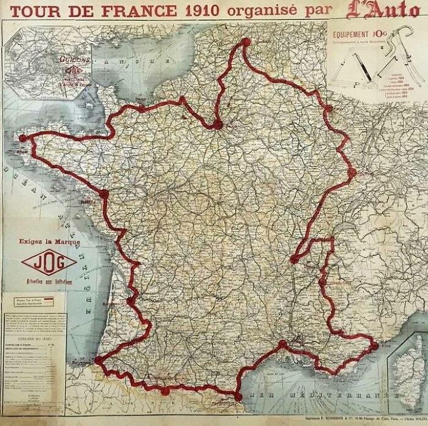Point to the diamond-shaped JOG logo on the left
tap(48, 263)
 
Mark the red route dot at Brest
tap(23, 139)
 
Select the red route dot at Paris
tap(217, 126)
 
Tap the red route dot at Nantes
tap(103, 194)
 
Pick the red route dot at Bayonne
tap(98, 362)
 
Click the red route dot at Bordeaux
tap(129, 301)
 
